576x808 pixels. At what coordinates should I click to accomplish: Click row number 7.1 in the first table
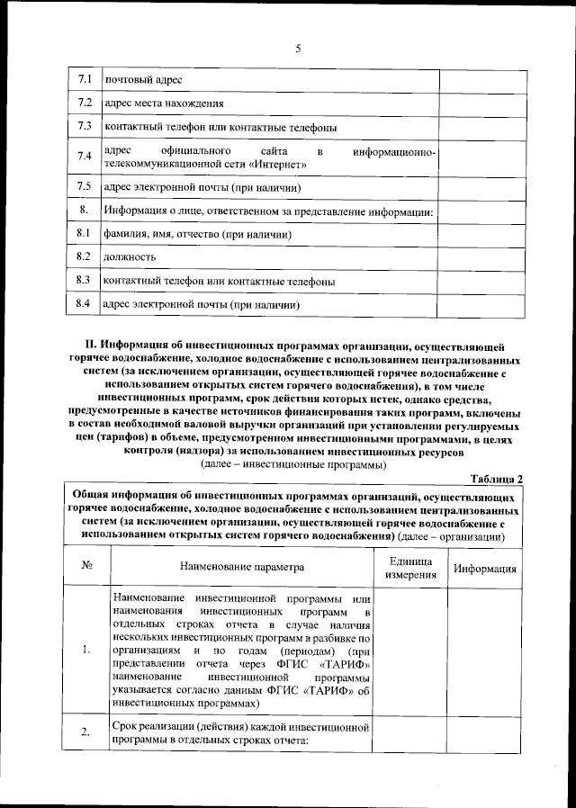pyautogui.click(x=85, y=79)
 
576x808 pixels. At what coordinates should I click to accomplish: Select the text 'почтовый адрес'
pyautogui.click(x=132, y=80)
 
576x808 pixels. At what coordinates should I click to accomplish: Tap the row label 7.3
pyautogui.click(x=85, y=126)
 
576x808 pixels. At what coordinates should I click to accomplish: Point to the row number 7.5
pyautogui.click(x=85, y=187)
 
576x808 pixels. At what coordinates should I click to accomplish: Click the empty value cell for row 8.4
pyautogui.click(x=481, y=305)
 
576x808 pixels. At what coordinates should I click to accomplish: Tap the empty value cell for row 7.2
pyautogui.click(x=481, y=103)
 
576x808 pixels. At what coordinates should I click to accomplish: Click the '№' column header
pyautogui.click(x=88, y=568)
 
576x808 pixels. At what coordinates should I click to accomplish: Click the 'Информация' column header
pyautogui.click(x=484, y=569)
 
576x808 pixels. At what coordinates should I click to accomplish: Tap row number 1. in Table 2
pyautogui.click(x=85, y=651)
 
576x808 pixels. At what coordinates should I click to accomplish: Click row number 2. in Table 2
pyautogui.click(x=85, y=733)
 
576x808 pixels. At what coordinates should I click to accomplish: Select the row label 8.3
pyautogui.click(x=85, y=281)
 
